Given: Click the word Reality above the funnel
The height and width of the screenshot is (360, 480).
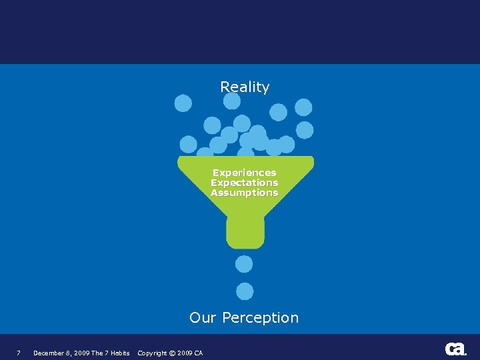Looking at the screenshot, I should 245,87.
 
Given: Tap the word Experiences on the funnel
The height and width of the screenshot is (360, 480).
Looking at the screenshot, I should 244,173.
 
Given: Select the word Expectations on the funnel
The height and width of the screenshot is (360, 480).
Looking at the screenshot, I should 244,183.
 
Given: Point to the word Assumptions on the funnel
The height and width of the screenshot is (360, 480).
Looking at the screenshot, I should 244,193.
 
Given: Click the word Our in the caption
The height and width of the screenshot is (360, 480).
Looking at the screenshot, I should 203,317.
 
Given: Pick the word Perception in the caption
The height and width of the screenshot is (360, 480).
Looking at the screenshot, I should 260,317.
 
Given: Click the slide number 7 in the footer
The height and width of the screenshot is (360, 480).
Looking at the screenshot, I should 19,353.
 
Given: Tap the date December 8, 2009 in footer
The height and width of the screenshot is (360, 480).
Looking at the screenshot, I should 61,353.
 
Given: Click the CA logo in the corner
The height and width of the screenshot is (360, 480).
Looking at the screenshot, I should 456,349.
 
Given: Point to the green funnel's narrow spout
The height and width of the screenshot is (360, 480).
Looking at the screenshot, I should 245,232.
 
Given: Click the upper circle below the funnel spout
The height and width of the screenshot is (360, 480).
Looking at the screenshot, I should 245,264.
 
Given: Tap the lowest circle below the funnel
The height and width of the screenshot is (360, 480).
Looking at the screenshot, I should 245,291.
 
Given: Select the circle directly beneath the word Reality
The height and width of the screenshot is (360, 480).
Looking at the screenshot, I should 231,101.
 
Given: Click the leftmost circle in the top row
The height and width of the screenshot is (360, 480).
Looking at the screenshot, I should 183,103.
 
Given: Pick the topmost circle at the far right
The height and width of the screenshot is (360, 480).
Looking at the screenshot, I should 303,107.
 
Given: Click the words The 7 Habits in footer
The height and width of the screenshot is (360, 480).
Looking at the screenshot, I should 110,353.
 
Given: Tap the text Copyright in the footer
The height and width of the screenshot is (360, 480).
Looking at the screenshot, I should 152,353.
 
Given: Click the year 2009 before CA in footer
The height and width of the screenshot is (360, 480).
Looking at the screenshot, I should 185,353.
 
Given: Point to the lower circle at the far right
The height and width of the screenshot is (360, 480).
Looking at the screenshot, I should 305,130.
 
